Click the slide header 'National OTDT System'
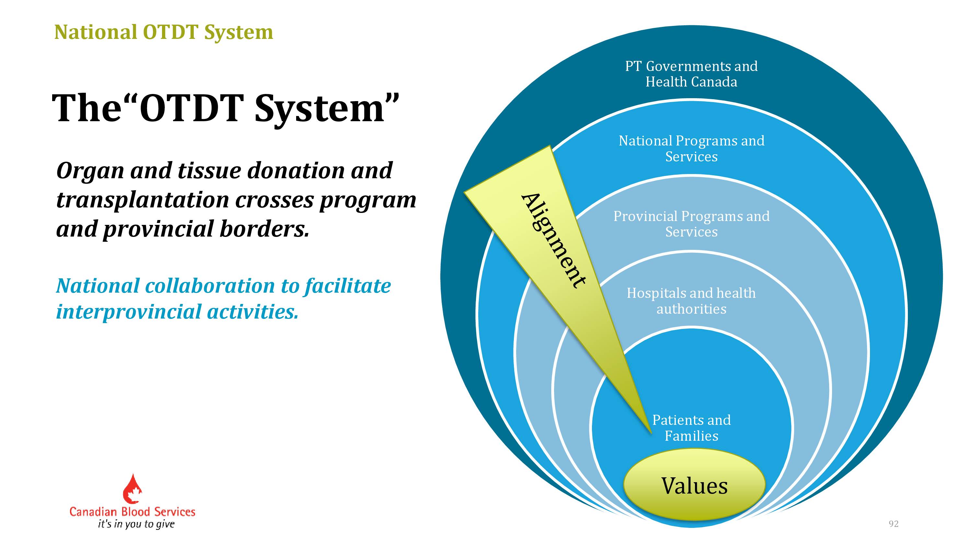coord(164,32)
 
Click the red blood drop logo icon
coord(133,488)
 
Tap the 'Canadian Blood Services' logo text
coord(133,512)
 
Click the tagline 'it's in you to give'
coord(136,524)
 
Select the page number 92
coord(894,524)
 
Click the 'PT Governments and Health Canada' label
coord(691,74)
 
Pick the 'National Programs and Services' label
coord(691,148)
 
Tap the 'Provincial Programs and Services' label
coord(691,224)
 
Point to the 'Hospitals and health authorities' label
coord(691,301)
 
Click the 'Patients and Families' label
coord(691,428)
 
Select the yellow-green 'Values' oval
coord(694,485)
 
